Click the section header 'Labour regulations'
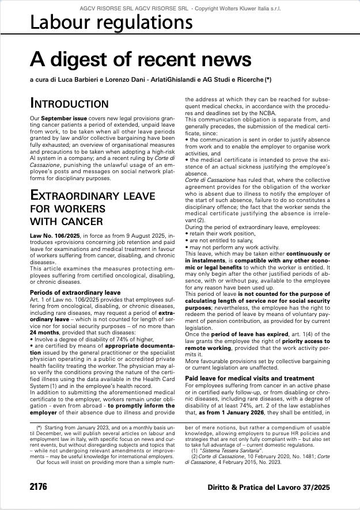(x=111, y=23)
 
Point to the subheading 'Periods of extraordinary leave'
(x=75, y=293)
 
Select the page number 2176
(x=39, y=487)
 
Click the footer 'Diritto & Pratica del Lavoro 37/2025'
(x=269, y=487)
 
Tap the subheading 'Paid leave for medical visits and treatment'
(x=249, y=378)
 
